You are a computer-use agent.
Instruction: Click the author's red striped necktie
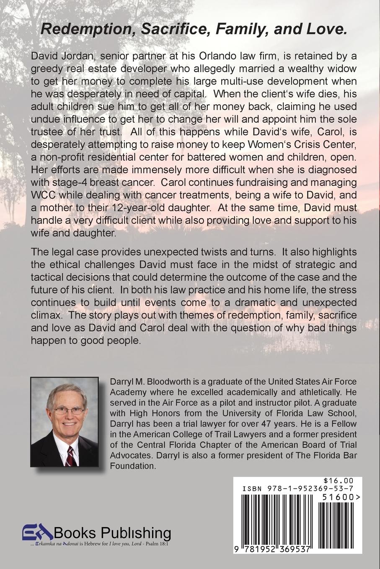tap(71, 455)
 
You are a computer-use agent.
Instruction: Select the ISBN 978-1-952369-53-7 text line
tap(297, 488)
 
